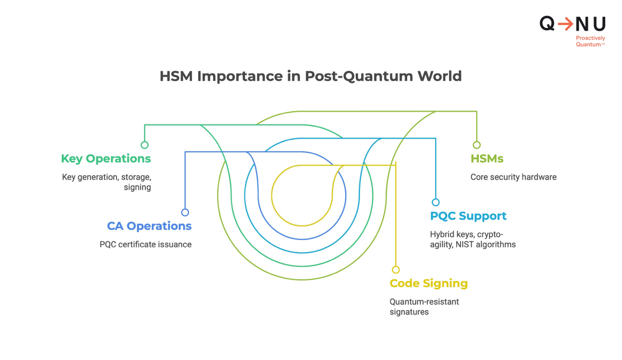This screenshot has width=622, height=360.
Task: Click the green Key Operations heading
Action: [106, 159]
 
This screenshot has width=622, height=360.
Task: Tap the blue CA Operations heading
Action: [149, 226]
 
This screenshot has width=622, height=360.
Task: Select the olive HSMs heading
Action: [487, 159]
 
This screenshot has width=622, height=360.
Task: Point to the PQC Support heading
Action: [468, 216]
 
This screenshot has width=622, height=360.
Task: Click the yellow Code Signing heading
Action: [429, 284]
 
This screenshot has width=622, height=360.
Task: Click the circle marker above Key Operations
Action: [144, 145]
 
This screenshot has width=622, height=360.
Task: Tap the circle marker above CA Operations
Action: [185, 212]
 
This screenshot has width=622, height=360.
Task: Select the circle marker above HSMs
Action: [477, 145]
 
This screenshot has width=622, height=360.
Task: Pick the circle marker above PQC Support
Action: [436, 202]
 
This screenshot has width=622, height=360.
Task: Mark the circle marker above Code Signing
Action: [396, 269]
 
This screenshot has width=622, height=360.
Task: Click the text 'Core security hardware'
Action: [513, 177]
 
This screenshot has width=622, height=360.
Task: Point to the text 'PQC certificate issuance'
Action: [145, 245]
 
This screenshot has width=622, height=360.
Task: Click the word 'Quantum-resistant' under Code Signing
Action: [424, 302]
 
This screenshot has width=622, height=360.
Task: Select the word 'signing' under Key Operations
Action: [138, 187]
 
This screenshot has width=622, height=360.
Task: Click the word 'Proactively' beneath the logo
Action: [590, 38]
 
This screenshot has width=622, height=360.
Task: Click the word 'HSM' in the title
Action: [176, 76]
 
